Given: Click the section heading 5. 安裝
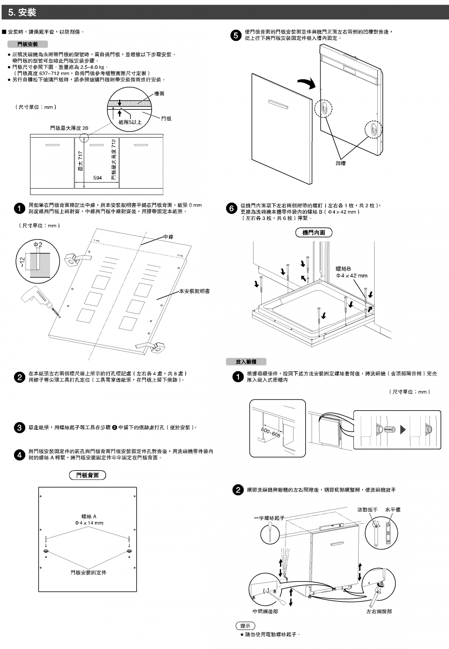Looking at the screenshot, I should coord(22,12).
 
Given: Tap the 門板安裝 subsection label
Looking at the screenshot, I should coord(27,44).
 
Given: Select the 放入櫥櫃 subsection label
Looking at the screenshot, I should coord(246,362).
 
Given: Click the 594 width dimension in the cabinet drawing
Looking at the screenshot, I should coord(97,178).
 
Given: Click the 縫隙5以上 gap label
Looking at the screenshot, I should coord(130,122).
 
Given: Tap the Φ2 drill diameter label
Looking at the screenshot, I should coord(38,245).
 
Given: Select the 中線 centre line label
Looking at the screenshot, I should coord(168,237).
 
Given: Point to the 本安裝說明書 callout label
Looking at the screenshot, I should coord(194,291).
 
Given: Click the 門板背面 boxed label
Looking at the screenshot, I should coord(87,475).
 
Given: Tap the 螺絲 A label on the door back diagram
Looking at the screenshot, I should coord(89,516).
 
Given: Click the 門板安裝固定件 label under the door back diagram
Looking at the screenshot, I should coord(89,573).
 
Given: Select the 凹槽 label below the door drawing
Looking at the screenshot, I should coord(340,163).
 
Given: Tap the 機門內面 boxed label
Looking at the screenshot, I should coord(314,232).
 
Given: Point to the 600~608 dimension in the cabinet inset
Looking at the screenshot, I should coord(271,432).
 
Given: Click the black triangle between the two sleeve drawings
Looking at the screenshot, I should coord(403,430).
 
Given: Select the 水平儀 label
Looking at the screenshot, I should coord(393,510).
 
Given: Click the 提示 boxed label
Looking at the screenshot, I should coord(245,626).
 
